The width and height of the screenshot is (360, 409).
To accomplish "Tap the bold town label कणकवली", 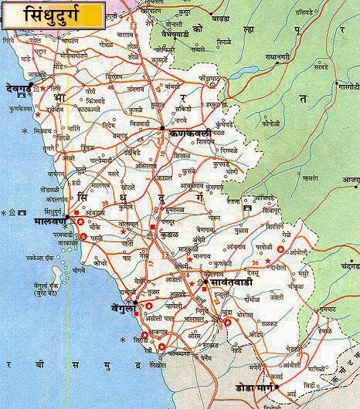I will point(188,134).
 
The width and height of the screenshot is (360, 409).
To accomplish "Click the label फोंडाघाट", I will point(208,79).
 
